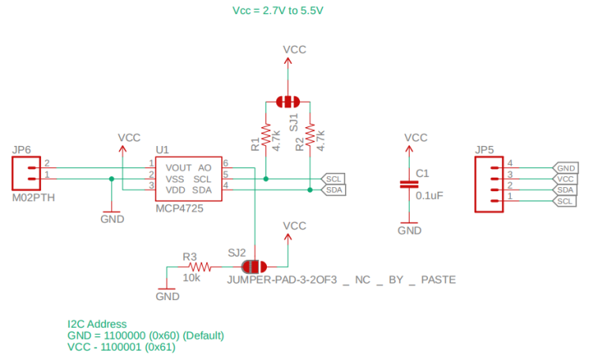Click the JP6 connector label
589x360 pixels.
(21, 149)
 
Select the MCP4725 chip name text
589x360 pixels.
(179, 209)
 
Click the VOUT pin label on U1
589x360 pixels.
(178, 168)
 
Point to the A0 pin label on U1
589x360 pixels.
(204, 168)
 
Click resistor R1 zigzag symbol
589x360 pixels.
(266, 135)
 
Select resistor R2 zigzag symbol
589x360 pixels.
(310, 135)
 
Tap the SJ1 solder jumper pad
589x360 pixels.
(288, 101)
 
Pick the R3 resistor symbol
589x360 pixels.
(197, 266)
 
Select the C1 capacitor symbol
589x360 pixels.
(409, 184)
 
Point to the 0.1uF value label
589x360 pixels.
(430, 194)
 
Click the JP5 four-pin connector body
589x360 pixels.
(489, 184)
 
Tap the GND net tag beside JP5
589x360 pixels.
(566, 168)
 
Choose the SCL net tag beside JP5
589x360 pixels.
(566, 201)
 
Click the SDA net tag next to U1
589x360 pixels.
(334, 189)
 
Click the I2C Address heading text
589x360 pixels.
(97, 324)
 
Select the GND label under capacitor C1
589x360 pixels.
(409, 231)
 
